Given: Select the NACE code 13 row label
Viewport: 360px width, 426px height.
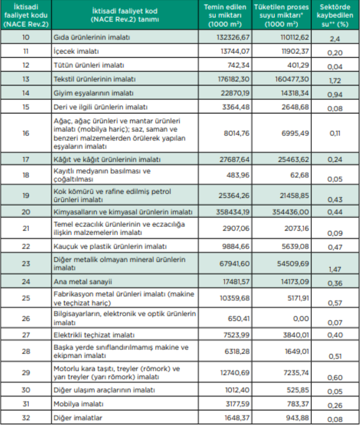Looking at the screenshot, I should [26, 79].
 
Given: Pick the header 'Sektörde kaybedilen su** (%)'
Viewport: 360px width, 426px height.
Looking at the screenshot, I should [335, 15].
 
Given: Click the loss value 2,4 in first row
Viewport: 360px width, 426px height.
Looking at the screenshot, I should [335, 39].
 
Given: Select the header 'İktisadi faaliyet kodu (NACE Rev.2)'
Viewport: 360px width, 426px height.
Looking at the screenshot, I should [26, 15].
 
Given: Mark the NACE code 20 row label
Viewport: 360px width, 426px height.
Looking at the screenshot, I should [26, 212].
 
